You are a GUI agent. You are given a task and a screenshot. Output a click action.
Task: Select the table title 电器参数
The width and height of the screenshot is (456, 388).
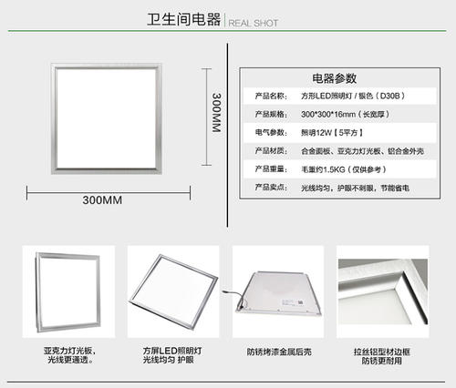pyautogui.click(x=334, y=78)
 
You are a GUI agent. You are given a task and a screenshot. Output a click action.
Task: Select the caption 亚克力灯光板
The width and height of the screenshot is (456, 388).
pyautogui.click(x=67, y=350)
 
